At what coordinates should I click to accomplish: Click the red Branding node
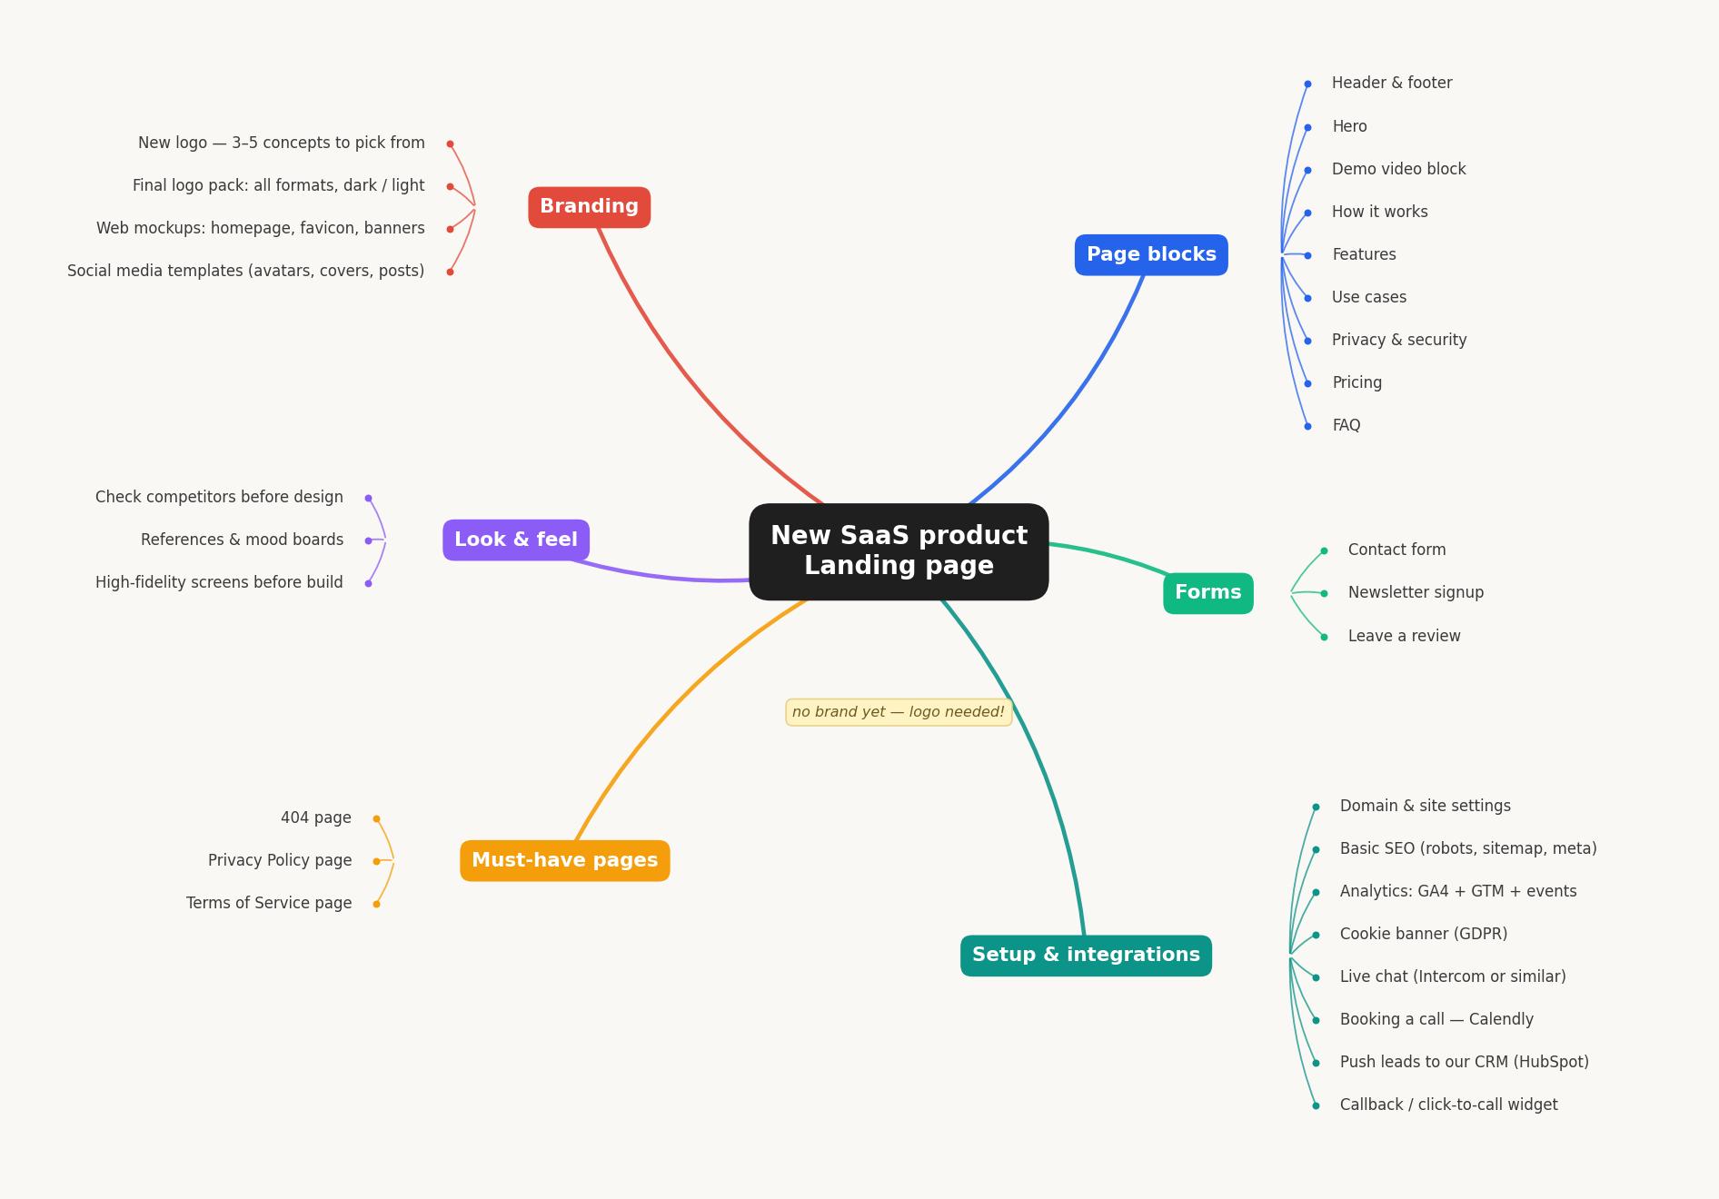click(x=589, y=207)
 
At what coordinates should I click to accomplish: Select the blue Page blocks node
click(x=1151, y=255)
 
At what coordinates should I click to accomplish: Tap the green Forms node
click(x=1208, y=593)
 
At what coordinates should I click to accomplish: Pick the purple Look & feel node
click(x=516, y=540)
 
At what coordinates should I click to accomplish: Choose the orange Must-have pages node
click(x=565, y=861)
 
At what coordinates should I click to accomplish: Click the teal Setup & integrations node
click(x=1086, y=956)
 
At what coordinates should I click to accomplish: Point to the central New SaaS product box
click(x=899, y=551)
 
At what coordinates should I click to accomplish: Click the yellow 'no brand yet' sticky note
click(x=899, y=712)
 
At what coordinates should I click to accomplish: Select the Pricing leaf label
click(x=1356, y=383)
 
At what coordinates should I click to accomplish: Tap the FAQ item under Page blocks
click(x=1346, y=426)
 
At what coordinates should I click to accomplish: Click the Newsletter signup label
click(x=1416, y=593)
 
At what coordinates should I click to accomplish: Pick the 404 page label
click(x=316, y=818)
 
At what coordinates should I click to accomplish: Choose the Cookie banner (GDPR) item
click(x=1424, y=935)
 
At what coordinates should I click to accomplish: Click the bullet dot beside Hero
click(x=1307, y=127)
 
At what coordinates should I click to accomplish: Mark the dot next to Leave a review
click(x=1324, y=637)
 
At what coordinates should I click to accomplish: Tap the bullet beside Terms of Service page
click(x=376, y=904)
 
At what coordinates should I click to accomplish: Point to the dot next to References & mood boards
click(x=368, y=540)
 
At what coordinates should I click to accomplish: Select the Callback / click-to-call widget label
click(x=1448, y=1105)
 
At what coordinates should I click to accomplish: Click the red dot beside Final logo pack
click(x=450, y=186)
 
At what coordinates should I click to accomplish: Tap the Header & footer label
click(x=1392, y=84)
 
